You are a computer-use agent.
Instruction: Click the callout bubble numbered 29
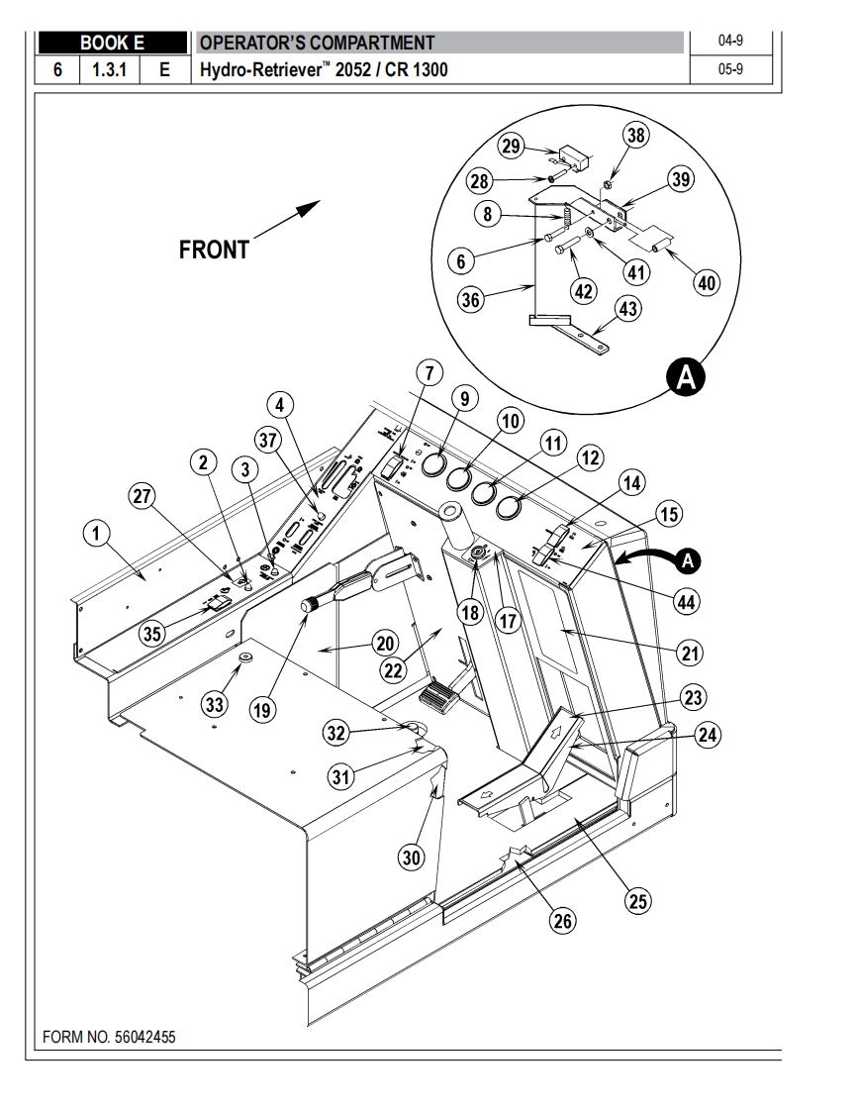point(511,147)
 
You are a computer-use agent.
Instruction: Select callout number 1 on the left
point(95,536)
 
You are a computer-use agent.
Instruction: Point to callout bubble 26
point(562,921)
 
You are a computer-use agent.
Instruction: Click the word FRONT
point(214,251)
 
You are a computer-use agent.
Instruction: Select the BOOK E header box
point(112,43)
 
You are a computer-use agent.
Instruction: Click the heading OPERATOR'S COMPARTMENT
point(317,43)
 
